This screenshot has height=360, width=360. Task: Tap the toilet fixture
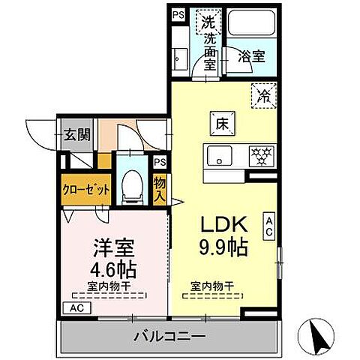pos(132,184)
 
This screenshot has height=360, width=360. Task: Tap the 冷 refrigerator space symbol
pos(264,95)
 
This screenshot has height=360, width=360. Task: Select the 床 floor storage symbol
pos(223,121)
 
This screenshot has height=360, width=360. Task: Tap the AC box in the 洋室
pos(78,307)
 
